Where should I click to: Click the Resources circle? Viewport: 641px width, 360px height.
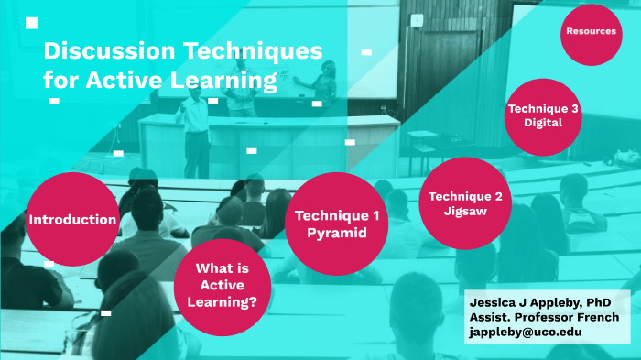(x=591, y=32)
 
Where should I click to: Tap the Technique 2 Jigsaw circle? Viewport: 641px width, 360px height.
(x=465, y=203)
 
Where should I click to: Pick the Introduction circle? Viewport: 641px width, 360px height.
(x=72, y=220)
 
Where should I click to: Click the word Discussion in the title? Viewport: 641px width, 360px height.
(x=108, y=50)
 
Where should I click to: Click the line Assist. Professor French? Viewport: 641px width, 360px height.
(x=543, y=317)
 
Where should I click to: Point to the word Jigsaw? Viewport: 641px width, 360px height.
(x=464, y=211)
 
